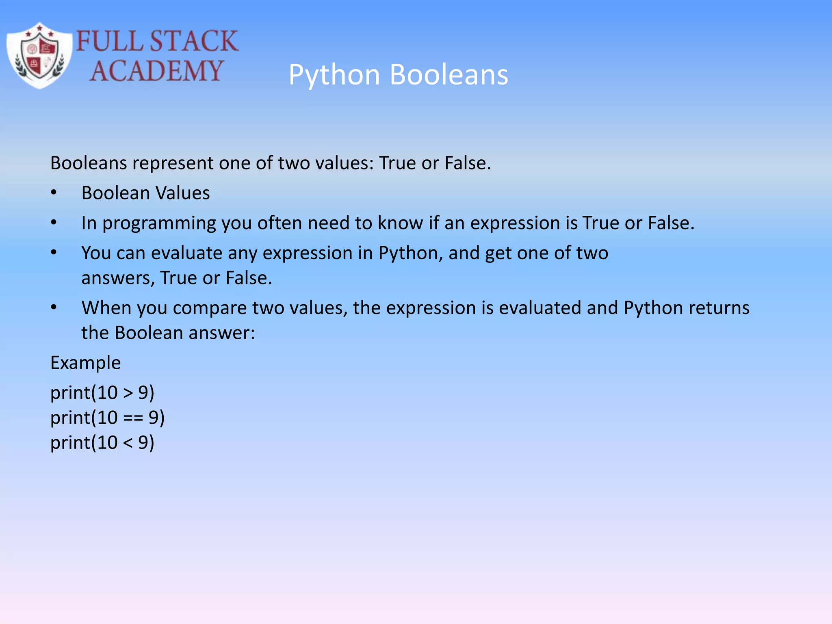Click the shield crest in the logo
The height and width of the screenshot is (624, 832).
click(x=39, y=56)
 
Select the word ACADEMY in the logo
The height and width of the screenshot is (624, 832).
click(x=156, y=71)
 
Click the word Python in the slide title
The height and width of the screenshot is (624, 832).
click(x=334, y=75)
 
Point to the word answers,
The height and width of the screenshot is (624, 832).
click(x=118, y=278)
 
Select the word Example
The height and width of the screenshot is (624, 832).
click(x=85, y=363)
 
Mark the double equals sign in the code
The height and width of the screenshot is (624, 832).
click(x=133, y=418)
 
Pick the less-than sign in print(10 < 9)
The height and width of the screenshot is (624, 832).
click(x=128, y=443)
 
